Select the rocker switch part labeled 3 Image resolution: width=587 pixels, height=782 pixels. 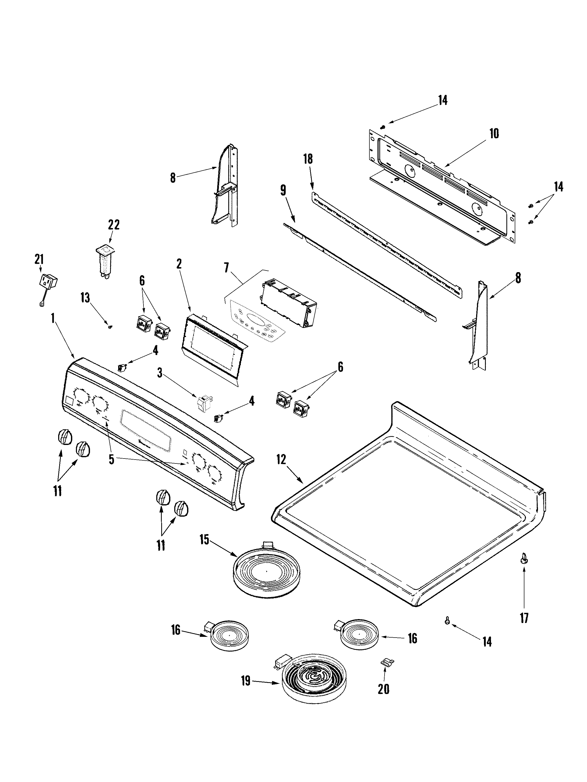(x=203, y=403)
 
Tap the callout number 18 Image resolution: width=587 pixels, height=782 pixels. (x=308, y=159)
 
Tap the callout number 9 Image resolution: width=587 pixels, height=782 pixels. (x=283, y=191)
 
